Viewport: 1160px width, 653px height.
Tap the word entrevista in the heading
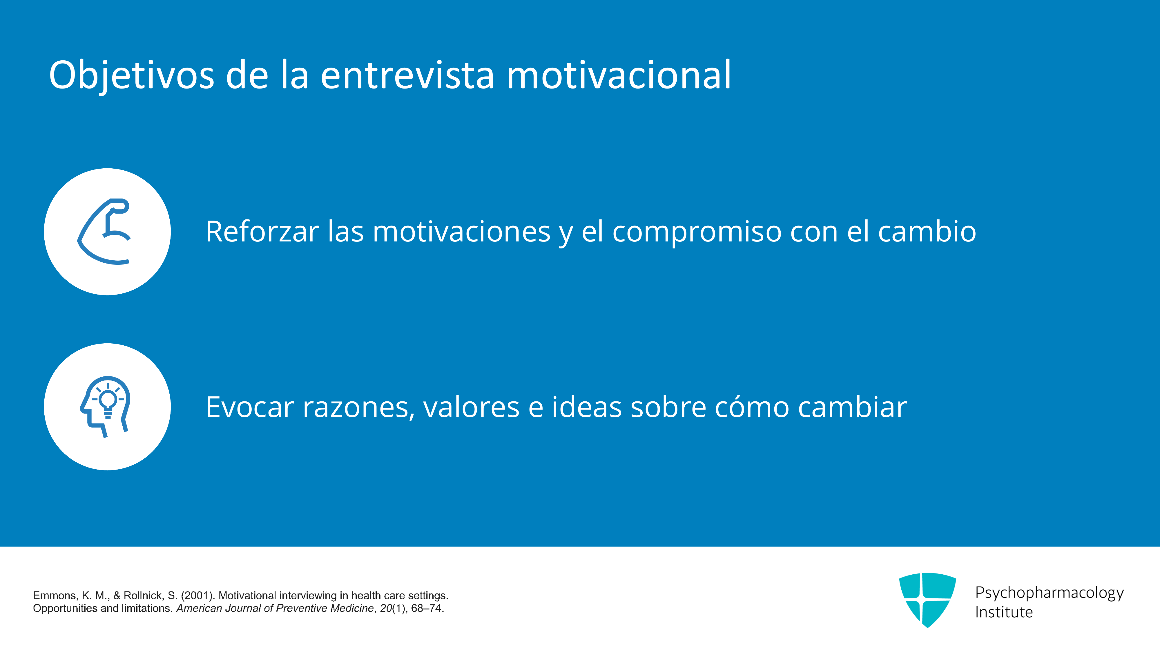(x=407, y=75)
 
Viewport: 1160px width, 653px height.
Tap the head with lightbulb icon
(x=105, y=406)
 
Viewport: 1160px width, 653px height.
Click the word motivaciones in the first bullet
(x=462, y=231)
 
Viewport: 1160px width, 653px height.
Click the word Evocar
(x=250, y=407)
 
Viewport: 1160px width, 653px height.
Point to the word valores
(x=472, y=407)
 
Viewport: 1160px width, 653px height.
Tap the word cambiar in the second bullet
(x=853, y=407)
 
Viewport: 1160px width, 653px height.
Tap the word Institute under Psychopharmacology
(x=1004, y=612)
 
